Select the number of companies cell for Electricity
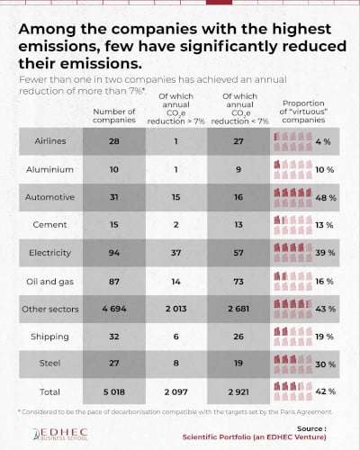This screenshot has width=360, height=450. tap(113, 252)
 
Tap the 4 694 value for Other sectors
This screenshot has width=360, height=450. tap(113, 309)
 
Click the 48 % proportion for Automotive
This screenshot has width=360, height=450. tap(326, 196)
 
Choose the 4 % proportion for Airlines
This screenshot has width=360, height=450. tap(326, 140)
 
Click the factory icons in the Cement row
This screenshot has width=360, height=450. tap(292, 224)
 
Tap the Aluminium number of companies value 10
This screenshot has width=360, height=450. tap(113, 168)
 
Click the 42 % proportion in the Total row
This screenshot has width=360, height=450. tap(326, 393)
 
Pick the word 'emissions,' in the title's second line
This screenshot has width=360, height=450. tap(62, 45)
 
